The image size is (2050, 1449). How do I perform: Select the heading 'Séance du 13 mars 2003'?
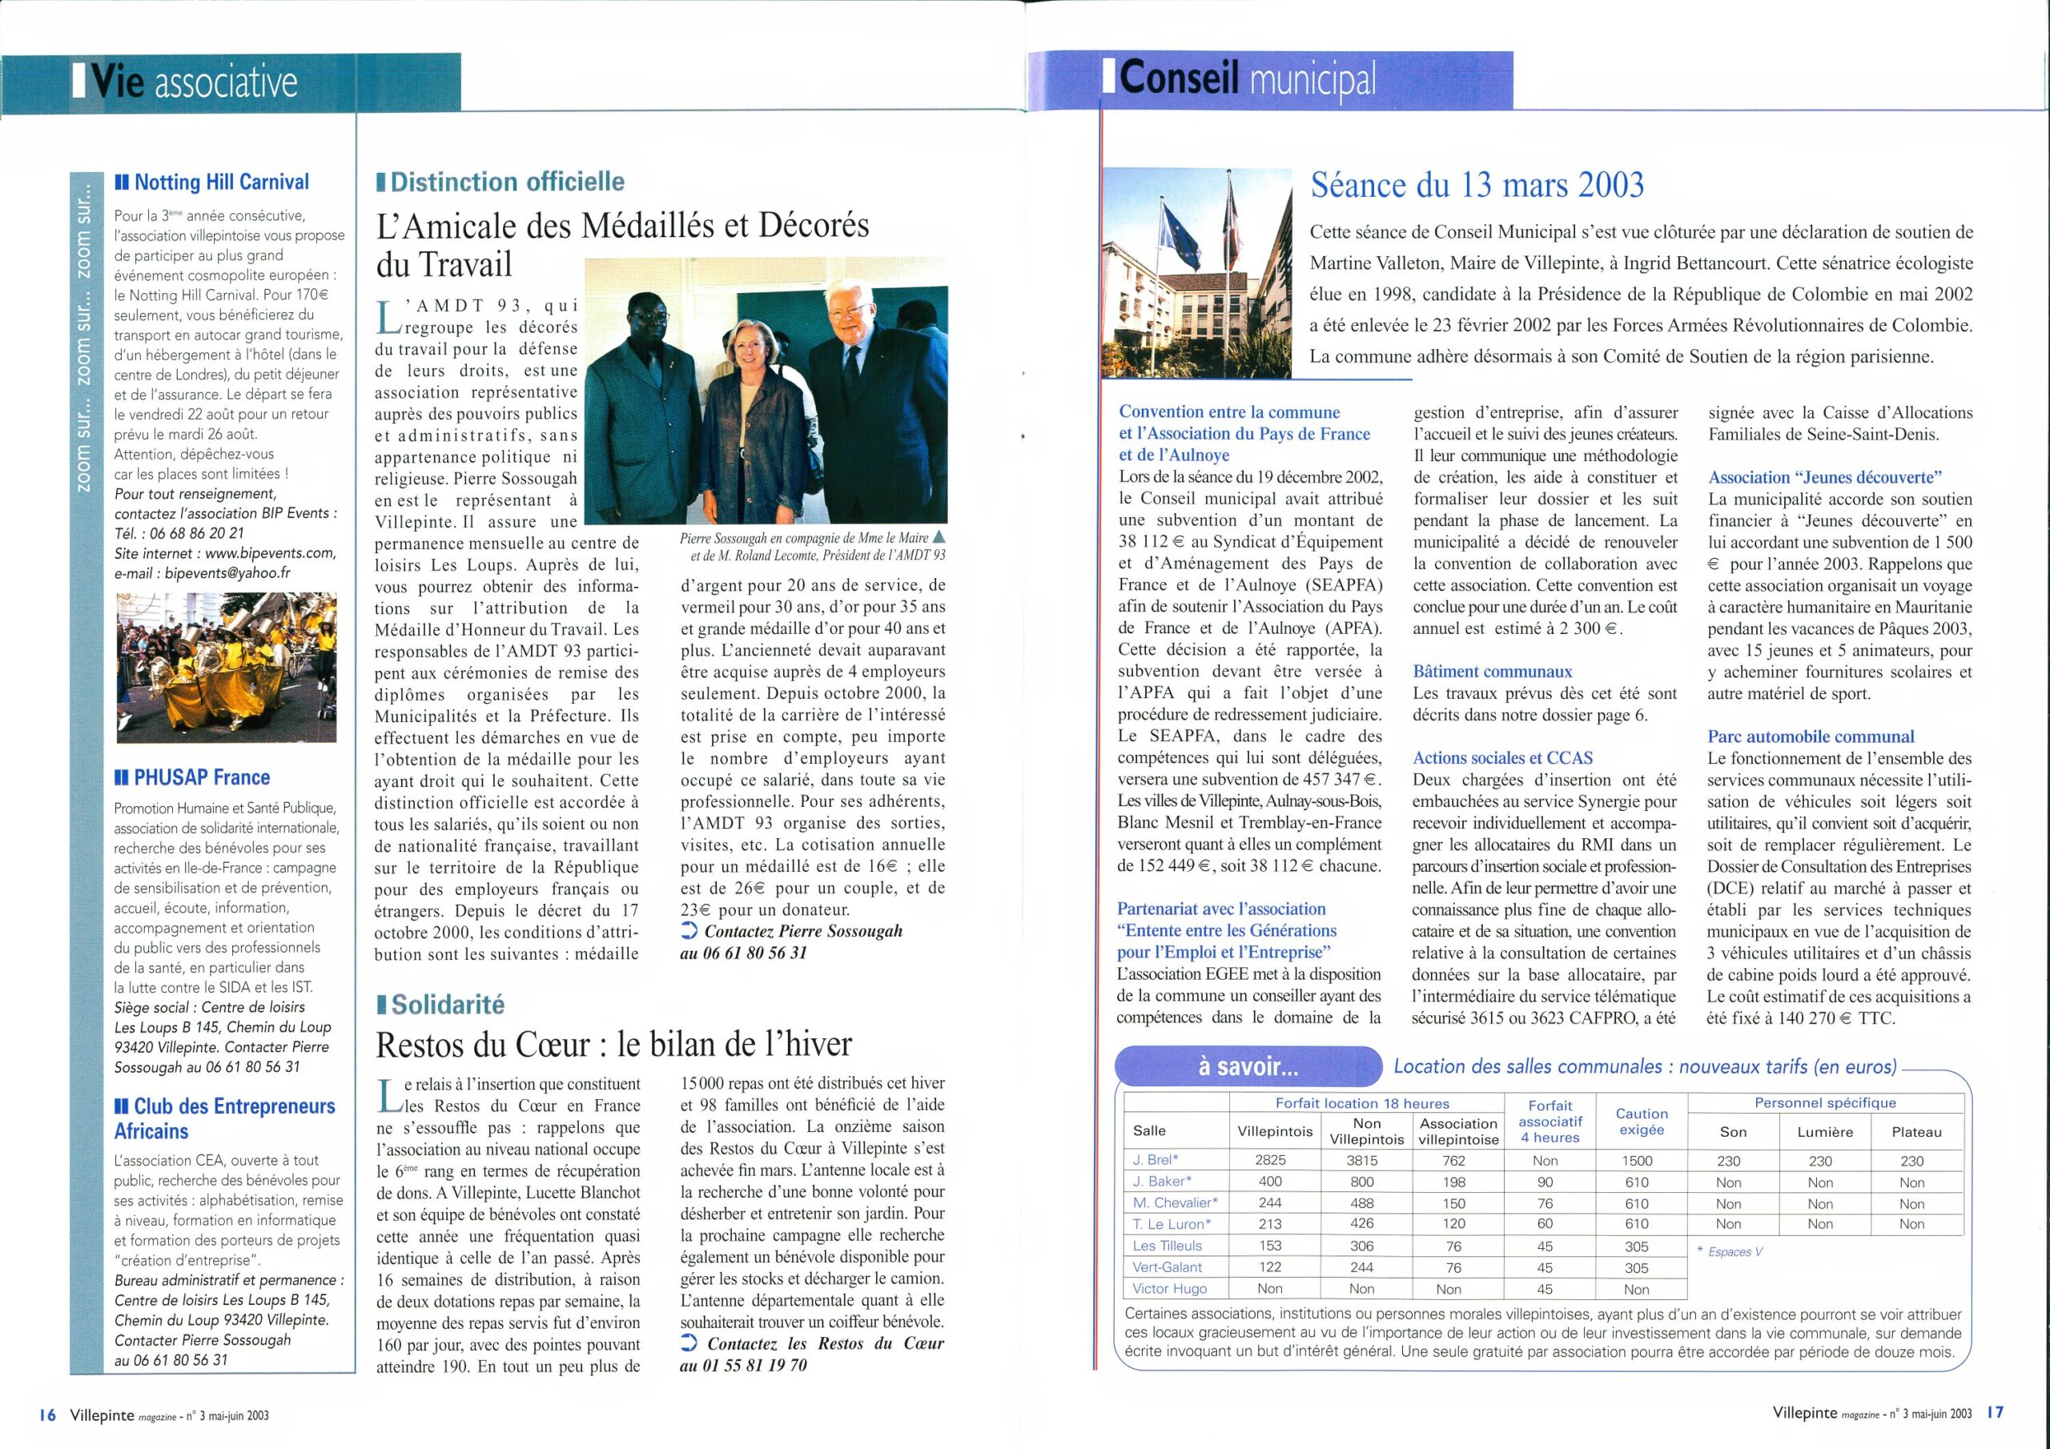tap(1477, 185)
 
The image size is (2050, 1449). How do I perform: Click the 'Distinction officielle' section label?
tap(507, 183)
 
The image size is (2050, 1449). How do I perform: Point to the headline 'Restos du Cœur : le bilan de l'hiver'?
tap(614, 1044)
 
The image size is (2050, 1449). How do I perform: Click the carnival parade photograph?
tap(226, 667)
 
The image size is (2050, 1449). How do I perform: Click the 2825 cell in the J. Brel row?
tap(1270, 1161)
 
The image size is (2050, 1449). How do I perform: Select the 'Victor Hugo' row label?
tap(1170, 1288)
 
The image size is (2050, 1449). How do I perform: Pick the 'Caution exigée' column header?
tap(1641, 1122)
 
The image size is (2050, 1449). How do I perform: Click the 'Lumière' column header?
tap(1819, 1132)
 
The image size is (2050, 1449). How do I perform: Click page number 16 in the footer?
tap(47, 1415)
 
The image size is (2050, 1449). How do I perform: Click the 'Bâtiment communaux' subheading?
tap(1492, 672)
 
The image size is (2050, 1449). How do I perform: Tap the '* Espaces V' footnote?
tap(1729, 1252)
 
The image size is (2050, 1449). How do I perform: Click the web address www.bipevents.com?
tap(270, 552)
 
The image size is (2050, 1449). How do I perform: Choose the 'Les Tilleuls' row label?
tap(1167, 1246)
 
